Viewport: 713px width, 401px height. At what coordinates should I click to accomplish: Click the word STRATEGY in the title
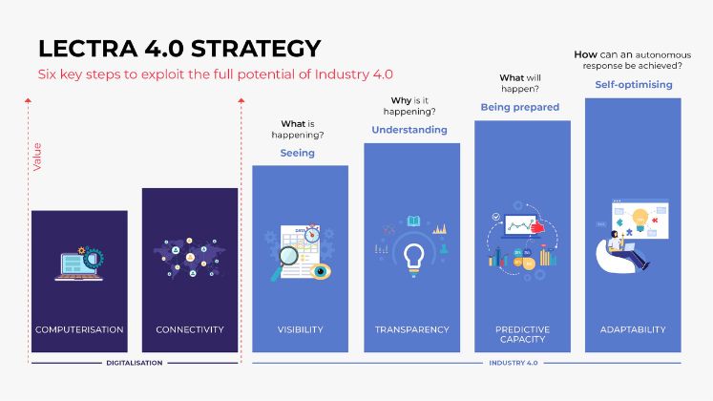256,48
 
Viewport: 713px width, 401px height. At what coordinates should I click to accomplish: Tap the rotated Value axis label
37,157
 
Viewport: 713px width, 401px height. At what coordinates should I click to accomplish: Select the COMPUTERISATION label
79,329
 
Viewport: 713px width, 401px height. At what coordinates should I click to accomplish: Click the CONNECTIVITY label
190,329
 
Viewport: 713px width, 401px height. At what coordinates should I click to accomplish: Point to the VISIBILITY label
300,329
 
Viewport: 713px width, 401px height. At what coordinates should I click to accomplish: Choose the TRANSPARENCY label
412,329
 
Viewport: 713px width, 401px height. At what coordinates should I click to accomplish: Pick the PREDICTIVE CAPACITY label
522,334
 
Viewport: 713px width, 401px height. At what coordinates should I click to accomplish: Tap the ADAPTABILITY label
633,329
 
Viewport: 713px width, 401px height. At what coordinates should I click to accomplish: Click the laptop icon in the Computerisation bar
77,266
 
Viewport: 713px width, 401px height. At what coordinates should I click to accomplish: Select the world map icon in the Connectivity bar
190,258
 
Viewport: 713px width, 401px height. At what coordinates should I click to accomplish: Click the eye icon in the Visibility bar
321,271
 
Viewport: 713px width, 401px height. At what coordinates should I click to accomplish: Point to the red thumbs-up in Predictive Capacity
538,226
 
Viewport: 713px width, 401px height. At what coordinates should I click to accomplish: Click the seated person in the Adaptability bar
625,252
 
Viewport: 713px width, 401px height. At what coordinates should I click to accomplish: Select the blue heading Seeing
298,153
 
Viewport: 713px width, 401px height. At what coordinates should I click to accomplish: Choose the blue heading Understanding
409,130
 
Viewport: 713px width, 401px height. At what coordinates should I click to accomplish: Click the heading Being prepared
520,107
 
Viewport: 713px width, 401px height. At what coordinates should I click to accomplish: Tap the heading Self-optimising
634,85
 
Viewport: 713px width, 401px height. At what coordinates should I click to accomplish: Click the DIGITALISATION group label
135,363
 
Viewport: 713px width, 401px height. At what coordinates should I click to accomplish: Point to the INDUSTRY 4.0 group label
514,363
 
